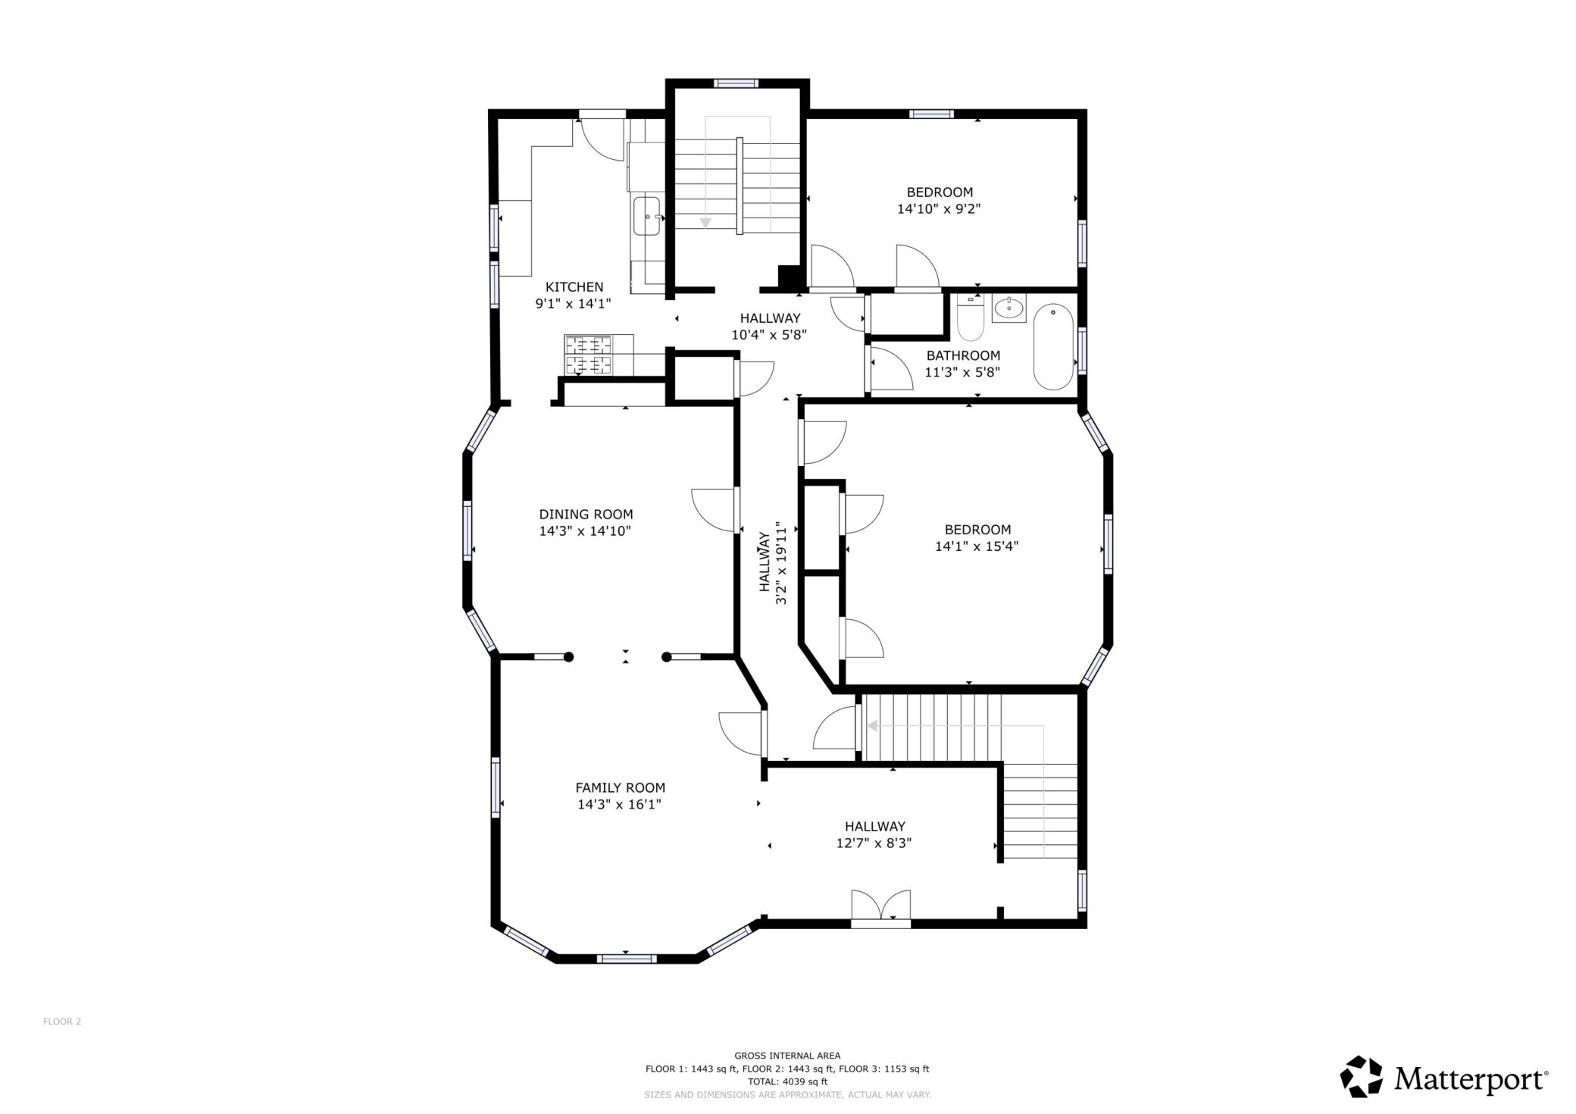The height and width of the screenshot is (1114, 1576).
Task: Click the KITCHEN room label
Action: (574, 287)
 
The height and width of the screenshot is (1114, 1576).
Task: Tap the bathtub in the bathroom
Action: (1053, 347)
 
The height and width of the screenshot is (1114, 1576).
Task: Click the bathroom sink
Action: (1008, 308)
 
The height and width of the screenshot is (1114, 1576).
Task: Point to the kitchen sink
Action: (646, 217)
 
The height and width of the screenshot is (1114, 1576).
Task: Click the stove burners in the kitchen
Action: (588, 355)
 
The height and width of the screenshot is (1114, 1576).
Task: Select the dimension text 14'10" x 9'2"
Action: (939, 209)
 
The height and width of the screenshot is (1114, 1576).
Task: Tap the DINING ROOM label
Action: (586, 515)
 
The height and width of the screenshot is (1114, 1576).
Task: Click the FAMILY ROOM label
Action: (620, 788)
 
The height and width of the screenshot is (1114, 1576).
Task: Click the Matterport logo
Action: (1444, 1077)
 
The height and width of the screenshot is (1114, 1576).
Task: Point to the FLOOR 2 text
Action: (62, 1022)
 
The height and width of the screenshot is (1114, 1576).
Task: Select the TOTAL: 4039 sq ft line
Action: (787, 1081)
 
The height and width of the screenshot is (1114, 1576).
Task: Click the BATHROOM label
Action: (963, 355)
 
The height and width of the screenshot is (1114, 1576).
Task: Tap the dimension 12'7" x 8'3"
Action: (874, 843)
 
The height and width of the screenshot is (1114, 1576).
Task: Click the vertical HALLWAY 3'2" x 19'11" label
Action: (772, 562)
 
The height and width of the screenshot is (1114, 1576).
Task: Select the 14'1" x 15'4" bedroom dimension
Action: (976, 546)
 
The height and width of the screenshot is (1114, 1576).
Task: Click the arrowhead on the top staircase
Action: (705, 222)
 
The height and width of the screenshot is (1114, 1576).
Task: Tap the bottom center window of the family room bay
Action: (626, 959)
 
